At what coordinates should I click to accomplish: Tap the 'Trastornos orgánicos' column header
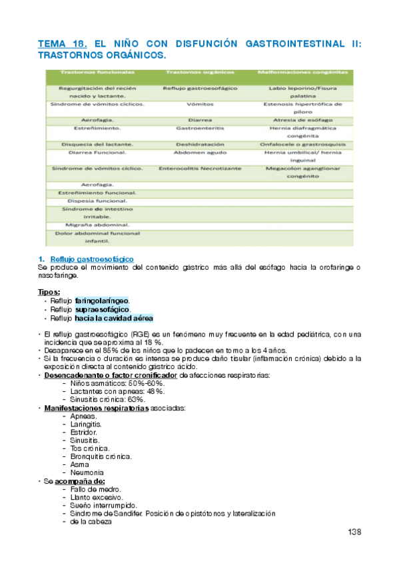pos(199,71)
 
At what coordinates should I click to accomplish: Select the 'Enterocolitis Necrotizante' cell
pos(199,169)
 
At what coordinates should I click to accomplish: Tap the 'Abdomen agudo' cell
pos(199,153)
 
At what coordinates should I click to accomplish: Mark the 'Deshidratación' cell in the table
pos(199,144)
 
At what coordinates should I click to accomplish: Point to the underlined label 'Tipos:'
pos(49,292)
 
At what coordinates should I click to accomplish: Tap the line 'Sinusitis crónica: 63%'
pos(107,399)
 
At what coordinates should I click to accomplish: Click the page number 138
pos(355,532)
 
